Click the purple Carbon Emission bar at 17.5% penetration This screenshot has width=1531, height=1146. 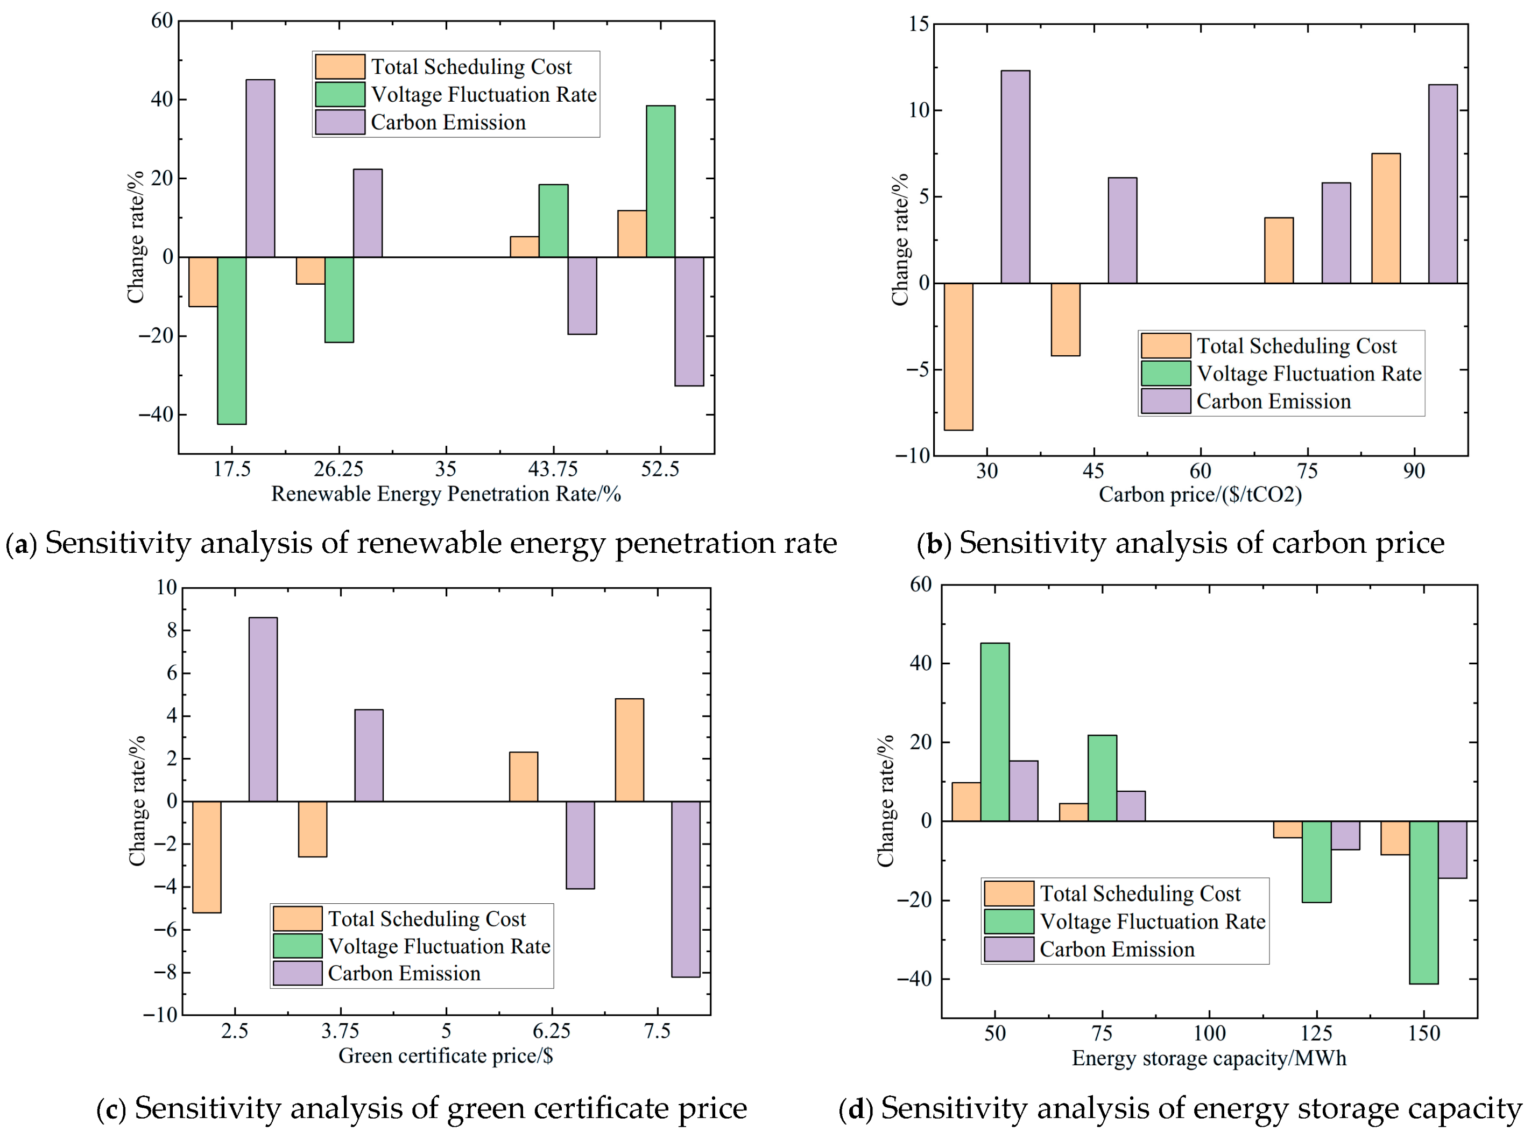click(260, 168)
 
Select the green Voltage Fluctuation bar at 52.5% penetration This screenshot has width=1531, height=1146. click(661, 181)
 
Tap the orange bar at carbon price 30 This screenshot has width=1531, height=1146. click(958, 356)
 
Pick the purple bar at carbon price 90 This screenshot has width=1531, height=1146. click(1443, 184)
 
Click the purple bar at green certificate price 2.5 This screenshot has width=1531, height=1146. click(263, 709)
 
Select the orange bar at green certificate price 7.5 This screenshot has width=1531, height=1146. click(629, 750)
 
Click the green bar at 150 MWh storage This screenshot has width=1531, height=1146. click(1424, 902)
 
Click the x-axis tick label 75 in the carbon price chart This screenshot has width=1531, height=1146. click(1308, 472)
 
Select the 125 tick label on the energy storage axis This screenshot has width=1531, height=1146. click(1316, 1034)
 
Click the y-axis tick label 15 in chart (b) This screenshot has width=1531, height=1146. click(919, 24)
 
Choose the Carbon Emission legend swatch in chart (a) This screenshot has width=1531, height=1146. click(340, 122)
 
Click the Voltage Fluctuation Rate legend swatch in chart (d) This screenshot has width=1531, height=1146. click(1008, 921)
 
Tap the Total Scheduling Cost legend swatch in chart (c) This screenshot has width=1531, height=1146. click(298, 918)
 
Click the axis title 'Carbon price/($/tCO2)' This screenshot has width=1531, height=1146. click(1201, 494)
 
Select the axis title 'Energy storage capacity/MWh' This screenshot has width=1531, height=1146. click(1209, 1058)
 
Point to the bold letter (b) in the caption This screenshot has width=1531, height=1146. click(934, 544)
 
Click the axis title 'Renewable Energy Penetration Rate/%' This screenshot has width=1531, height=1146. click(446, 494)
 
